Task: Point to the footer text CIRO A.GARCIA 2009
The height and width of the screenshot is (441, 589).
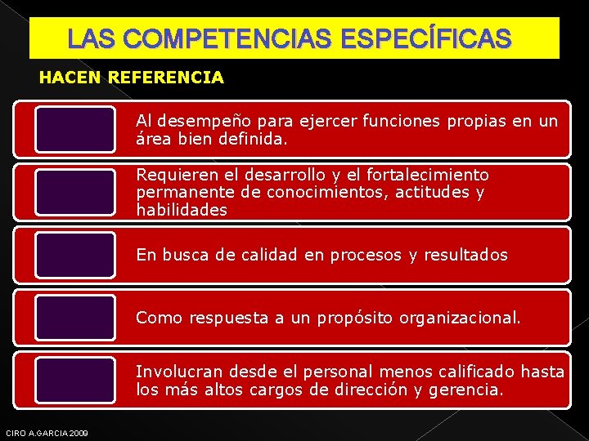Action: tap(47, 432)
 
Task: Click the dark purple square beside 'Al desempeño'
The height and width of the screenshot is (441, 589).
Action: tap(75, 129)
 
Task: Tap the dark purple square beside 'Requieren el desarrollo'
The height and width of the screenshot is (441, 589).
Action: tap(75, 192)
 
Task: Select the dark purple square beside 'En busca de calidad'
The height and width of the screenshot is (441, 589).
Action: tap(75, 255)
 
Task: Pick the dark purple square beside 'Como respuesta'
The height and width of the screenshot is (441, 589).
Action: tap(75, 318)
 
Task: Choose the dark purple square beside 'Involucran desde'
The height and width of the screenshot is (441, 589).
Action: tap(75, 381)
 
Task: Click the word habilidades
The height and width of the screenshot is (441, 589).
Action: tap(182, 210)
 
